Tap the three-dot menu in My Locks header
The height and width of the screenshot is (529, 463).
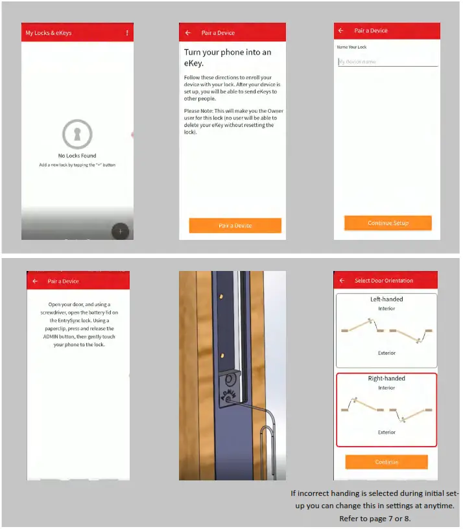click(x=127, y=32)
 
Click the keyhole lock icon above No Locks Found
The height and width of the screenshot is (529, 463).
click(x=77, y=135)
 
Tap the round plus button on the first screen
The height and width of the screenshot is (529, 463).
click(x=121, y=231)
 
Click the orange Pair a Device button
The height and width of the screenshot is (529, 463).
click(x=235, y=226)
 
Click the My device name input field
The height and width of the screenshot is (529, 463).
click(x=387, y=62)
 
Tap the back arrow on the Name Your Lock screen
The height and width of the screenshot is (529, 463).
click(x=341, y=30)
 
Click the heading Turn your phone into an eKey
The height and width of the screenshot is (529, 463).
click(x=228, y=58)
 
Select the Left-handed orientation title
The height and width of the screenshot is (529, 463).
click(x=386, y=300)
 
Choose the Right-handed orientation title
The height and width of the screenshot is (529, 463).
click(x=386, y=379)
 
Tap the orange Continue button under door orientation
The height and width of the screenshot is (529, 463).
click(x=386, y=462)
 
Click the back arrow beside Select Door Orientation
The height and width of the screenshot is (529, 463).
click(x=342, y=281)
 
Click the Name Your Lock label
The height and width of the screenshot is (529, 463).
click(x=352, y=47)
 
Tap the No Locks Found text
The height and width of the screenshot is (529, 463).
click(x=77, y=156)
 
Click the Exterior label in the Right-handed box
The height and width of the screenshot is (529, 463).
click(x=386, y=432)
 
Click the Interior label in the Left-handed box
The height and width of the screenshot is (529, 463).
click(x=386, y=309)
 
